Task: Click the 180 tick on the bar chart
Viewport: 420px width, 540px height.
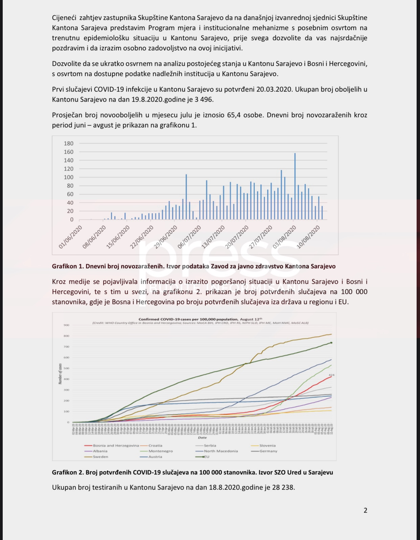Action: point(69,144)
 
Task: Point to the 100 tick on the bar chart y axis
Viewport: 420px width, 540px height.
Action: point(69,177)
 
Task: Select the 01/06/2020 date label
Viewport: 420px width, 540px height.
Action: point(71,237)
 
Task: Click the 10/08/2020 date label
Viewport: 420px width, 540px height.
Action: point(308,237)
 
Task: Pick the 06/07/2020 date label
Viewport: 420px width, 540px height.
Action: point(190,237)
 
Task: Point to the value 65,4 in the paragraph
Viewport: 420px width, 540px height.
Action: point(236,115)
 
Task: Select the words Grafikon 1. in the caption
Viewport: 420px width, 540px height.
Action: point(68,266)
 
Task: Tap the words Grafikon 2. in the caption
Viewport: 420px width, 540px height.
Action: point(68,472)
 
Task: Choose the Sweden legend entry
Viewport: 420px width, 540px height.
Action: point(100,457)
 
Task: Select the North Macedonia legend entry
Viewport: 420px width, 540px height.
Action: point(220,451)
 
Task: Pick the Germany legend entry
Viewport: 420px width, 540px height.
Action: point(268,451)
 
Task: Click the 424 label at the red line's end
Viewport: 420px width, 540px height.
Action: point(331,375)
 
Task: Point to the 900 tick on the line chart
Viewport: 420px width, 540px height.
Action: point(66,325)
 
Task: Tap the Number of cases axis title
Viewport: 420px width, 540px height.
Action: point(60,374)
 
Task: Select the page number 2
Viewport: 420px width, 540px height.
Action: point(365,511)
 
